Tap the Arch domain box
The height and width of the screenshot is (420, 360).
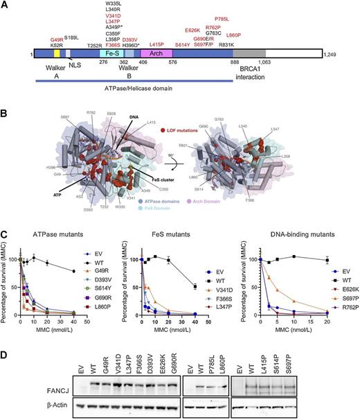(156, 53)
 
